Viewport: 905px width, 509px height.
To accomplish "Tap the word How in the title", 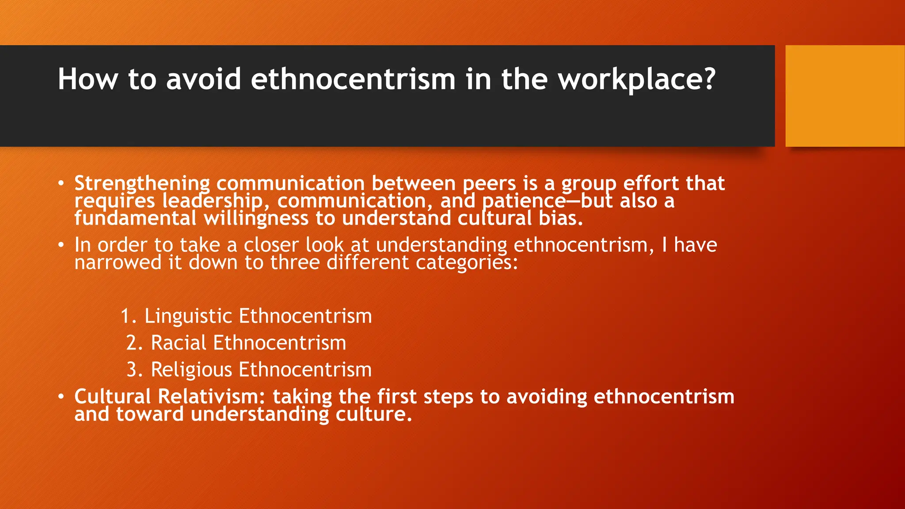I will pos(87,80).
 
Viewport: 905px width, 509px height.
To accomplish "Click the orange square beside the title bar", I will pos(844,96).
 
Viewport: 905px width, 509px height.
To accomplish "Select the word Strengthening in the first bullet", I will pos(142,183).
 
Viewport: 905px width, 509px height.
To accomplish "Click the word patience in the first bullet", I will pos(524,201).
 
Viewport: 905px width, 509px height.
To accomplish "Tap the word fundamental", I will pos(135,218).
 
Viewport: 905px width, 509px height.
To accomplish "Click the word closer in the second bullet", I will pos(271,245).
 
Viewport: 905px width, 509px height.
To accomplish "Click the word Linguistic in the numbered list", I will pos(188,316).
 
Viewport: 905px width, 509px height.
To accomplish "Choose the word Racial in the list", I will pos(179,343).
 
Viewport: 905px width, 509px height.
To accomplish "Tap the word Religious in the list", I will pos(191,370).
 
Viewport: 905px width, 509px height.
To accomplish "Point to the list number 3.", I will pos(133,370).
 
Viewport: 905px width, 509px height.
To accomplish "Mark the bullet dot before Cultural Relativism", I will pos(61,396).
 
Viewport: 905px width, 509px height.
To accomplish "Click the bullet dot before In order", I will pos(61,245).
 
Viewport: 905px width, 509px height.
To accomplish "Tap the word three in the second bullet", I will pos(295,262).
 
